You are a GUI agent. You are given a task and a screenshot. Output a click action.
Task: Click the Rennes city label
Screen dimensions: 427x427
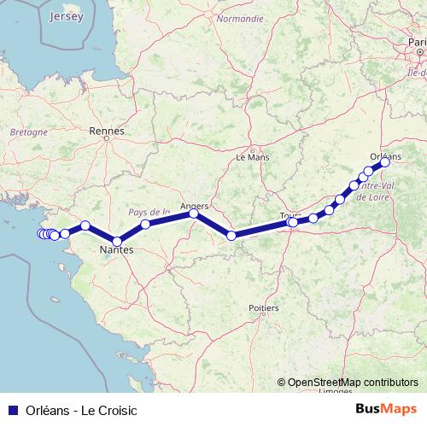coord(107,132)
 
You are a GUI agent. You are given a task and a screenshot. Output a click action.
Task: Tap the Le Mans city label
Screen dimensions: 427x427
coord(252,157)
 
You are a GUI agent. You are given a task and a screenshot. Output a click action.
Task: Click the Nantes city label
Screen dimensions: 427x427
coord(115,250)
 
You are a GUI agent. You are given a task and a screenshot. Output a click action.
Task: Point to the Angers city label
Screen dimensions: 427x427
coord(196,205)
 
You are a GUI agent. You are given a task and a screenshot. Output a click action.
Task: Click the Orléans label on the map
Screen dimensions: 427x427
coord(387,156)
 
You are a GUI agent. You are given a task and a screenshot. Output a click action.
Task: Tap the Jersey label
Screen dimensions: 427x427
coord(67,16)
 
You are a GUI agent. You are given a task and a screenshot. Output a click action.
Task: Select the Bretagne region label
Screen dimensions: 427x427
coord(27,132)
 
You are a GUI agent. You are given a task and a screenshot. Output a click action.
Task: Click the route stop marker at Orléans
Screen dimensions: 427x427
coord(384,163)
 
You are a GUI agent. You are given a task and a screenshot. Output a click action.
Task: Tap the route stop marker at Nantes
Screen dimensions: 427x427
coord(117,241)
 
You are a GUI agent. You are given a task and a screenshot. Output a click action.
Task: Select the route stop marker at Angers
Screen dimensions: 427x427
coord(194,214)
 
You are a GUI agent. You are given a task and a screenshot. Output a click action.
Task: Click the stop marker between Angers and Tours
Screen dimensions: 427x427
coord(231,235)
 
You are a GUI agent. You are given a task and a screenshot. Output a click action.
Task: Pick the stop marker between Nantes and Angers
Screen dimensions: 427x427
coord(145,225)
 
